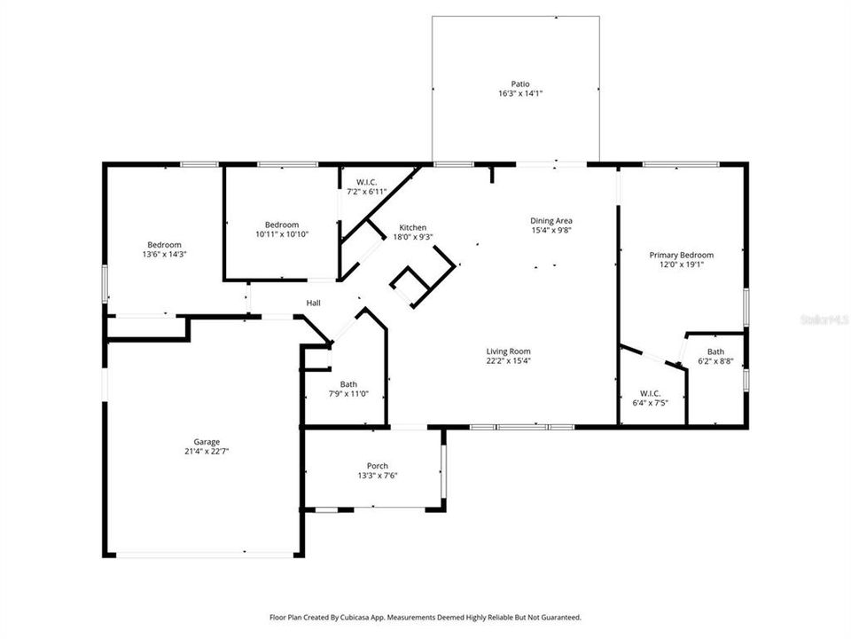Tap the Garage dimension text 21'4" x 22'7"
[x=207, y=451]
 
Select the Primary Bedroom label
[x=681, y=255]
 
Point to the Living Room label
[x=508, y=351]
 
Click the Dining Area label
[x=551, y=221]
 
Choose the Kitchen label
[x=412, y=227]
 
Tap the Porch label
[x=378, y=466]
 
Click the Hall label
[x=313, y=304]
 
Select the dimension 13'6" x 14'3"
[x=164, y=254]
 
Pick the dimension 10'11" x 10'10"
[x=282, y=233]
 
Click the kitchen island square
[x=411, y=287]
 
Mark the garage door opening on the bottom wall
[x=206, y=556]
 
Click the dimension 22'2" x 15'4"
[x=508, y=360]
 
